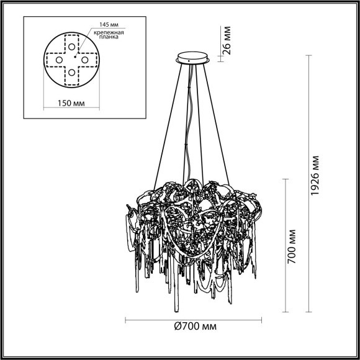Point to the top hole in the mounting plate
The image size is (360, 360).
pyautogui.click(x=73, y=47)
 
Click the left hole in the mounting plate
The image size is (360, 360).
pyautogui.click(x=60, y=60)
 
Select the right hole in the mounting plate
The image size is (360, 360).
pyautogui.click(x=85, y=60)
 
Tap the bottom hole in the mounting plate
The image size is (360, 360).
pyautogui.click(x=72, y=73)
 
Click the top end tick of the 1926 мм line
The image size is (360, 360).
pyautogui.click(x=308, y=55)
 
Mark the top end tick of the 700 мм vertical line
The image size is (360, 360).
pyautogui.click(x=286, y=179)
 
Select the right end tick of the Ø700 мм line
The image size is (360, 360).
pyautogui.click(x=263, y=321)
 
